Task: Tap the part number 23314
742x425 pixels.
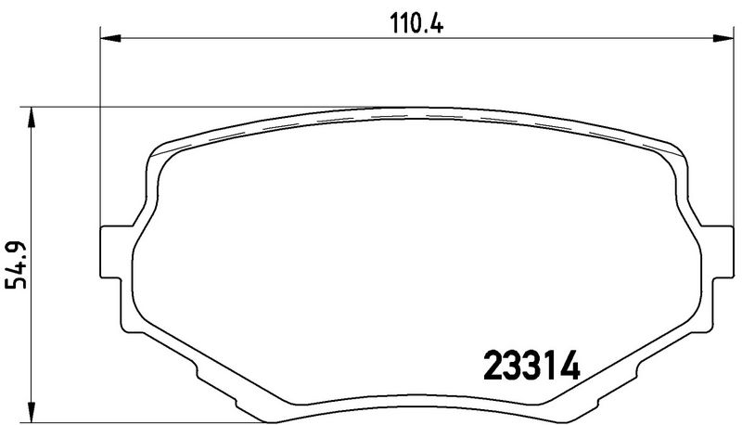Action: (531, 366)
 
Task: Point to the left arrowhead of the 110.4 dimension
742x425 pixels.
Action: (110, 38)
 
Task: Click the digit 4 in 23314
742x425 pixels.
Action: (569, 366)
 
